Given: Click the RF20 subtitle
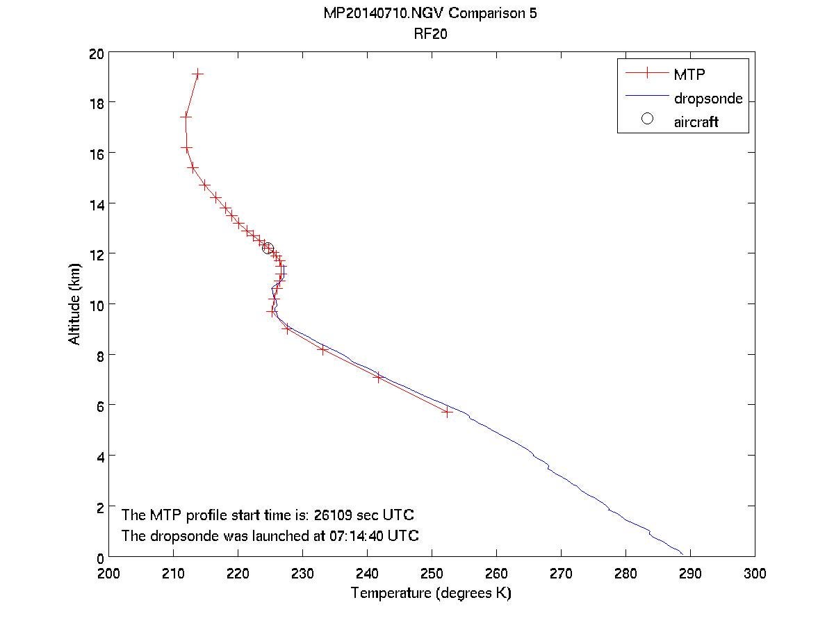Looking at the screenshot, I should [430, 35].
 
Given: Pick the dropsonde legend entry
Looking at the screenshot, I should [708, 99].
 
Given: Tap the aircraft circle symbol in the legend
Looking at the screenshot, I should [647, 119].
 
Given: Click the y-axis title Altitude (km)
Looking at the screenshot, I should [74, 304].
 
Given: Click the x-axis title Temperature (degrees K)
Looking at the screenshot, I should [431, 593].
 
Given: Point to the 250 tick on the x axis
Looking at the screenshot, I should [432, 574].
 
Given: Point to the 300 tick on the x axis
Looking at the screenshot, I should [754, 574].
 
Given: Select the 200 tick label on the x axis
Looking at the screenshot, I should [109, 574].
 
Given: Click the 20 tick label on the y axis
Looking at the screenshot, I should [97, 53].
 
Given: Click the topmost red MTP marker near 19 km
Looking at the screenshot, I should [198, 74].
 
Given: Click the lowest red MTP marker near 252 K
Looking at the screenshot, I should [447, 412].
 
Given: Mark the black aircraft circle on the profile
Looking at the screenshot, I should [268, 249].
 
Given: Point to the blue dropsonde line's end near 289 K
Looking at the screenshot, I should [682, 553].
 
